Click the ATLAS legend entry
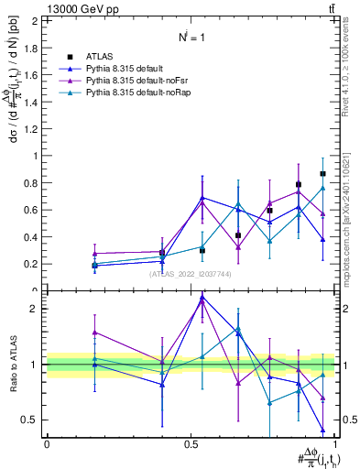pyautogui.click(x=100, y=56)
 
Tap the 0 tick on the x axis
pyautogui.click(x=47, y=442)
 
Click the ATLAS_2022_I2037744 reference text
pyautogui.click(x=191, y=273)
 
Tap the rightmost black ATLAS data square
pyautogui.click(x=322, y=174)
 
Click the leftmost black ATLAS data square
pyautogui.click(x=94, y=266)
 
